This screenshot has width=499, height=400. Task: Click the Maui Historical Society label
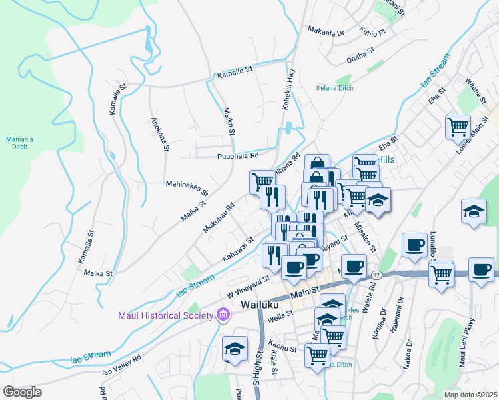(165, 315)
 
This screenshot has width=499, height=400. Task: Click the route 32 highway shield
(376, 275)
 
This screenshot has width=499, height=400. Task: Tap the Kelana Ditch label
(335, 87)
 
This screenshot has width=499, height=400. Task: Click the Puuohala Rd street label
(237, 156)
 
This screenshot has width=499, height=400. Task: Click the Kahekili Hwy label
(289, 89)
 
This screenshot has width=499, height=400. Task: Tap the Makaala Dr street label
(326, 31)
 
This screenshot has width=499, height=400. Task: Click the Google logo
(22, 392)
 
